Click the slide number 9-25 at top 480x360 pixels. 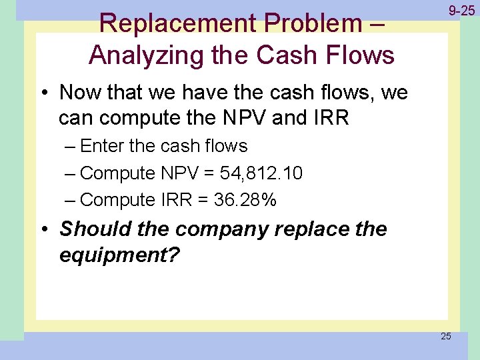tap(461, 11)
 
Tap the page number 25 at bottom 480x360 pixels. tap(445, 336)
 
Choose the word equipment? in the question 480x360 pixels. tap(119, 256)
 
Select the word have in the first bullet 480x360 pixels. tap(201, 92)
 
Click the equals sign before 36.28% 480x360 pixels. tap(202, 200)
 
